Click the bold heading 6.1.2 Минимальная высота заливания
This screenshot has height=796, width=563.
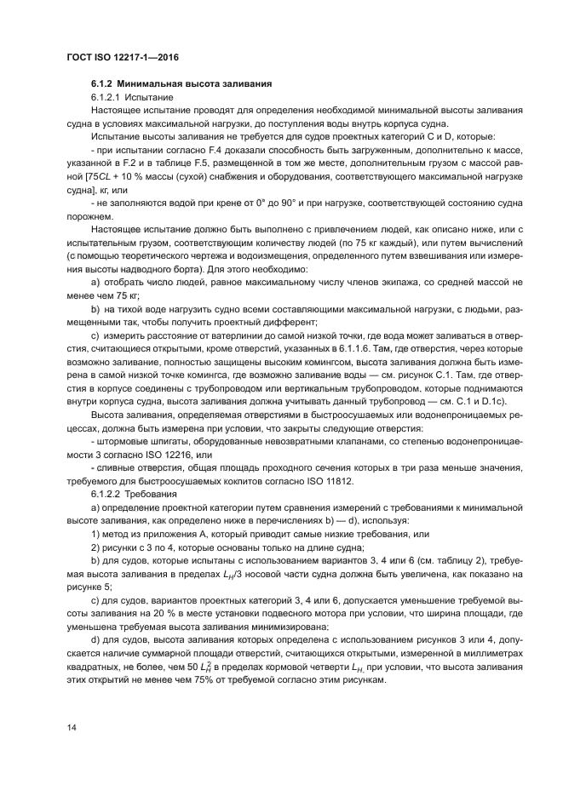(181, 84)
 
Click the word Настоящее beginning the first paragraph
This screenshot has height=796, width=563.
(118, 111)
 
